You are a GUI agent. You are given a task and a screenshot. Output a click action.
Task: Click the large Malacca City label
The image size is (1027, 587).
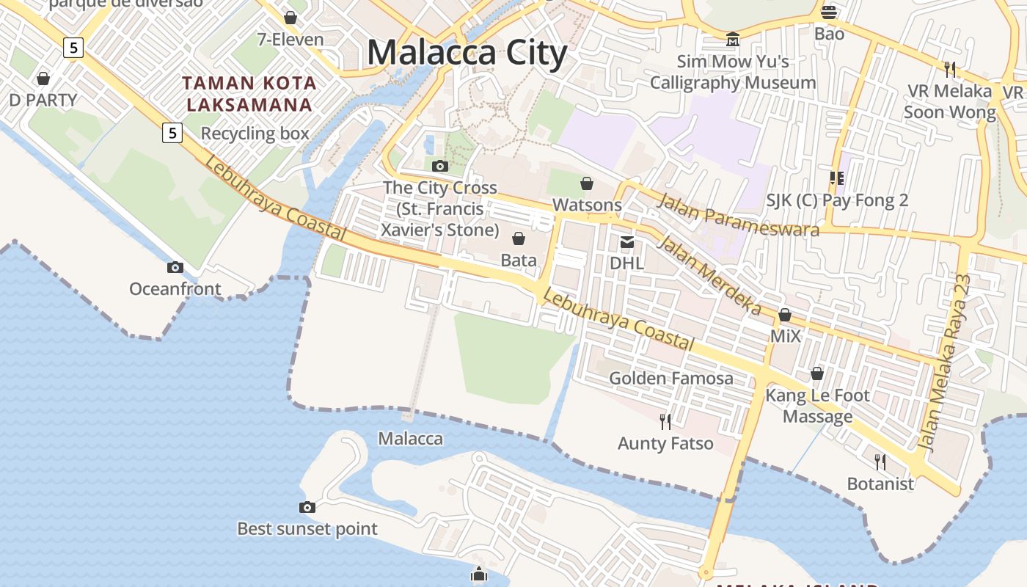467,53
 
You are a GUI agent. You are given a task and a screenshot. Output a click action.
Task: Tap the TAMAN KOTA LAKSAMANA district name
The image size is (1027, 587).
249,94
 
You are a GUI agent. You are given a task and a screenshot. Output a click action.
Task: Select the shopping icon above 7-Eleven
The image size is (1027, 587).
290,18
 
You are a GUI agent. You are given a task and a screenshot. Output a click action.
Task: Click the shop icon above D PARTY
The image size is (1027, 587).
43,79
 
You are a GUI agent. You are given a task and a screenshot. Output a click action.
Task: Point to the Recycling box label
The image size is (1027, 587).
255,134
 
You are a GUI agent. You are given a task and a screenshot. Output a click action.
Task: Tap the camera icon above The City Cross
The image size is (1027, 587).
440,166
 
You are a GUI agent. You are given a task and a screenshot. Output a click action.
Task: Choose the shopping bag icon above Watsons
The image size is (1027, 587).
587,183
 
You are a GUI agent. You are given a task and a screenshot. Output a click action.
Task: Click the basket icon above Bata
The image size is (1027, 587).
519,238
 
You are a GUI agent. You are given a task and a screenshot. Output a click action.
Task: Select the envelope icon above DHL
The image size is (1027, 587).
626,241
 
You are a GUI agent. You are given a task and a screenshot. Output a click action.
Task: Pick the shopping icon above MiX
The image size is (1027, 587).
785,316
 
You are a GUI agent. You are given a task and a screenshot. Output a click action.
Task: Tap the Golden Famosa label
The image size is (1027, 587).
671,378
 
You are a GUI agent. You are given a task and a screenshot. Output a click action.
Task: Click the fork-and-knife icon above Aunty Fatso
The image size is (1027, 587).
665,422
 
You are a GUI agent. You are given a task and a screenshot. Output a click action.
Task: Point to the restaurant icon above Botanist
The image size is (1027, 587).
880,462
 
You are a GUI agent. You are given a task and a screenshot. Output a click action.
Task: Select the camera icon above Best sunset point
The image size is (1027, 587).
307,507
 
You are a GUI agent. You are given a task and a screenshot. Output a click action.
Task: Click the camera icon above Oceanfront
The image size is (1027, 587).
175,267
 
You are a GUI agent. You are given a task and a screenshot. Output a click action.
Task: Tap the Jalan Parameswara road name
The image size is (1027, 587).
737,214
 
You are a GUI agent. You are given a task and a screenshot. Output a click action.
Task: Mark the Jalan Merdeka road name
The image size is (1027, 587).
708,274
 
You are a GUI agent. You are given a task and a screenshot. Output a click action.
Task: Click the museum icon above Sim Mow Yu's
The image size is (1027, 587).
732,39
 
